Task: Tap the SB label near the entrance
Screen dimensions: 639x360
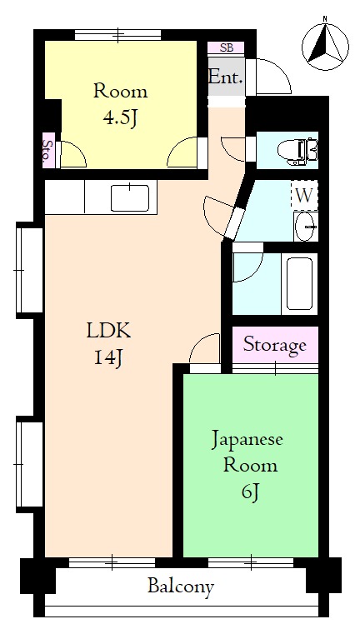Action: pos(226,47)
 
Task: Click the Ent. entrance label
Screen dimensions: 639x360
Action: pos(226,78)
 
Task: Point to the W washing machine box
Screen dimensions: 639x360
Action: pos(304,197)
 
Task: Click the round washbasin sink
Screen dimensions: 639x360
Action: pos(306,225)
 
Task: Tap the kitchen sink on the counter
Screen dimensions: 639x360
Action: pos(129,198)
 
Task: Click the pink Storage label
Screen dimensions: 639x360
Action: pos(275,345)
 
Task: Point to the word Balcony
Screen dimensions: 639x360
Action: pos(181,587)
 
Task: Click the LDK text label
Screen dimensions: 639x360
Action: pos(108,331)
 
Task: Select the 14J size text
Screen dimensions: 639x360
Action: pos(108,359)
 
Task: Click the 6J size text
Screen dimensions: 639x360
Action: pos(251,492)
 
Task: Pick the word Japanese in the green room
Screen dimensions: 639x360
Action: pos(249,438)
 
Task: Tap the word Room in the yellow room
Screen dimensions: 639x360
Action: pos(120,91)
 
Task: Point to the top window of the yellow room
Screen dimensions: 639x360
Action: pos(117,35)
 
